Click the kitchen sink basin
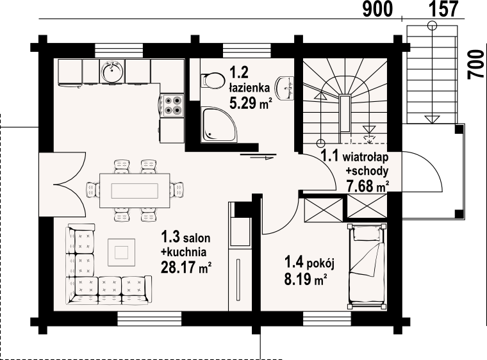click(x=112, y=71)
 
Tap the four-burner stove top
click(x=172, y=105)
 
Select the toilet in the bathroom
click(x=213, y=81)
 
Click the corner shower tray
click(x=219, y=125)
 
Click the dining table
click(x=135, y=190)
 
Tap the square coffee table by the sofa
click(x=122, y=252)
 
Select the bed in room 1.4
click(x=367, y=266)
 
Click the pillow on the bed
click(x=367, y=233)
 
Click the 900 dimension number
click(x=377, y=10)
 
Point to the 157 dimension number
click(x=444, y=9)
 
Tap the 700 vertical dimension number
click(x=477, y=65)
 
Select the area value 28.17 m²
click(x=186, y=267)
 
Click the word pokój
click(x=320, y=265)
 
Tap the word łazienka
click(x=249, y=88)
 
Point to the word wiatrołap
click(x=365, y=158)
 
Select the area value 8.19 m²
click(x=306, y=279)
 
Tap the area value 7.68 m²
click(x=368, y=186)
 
